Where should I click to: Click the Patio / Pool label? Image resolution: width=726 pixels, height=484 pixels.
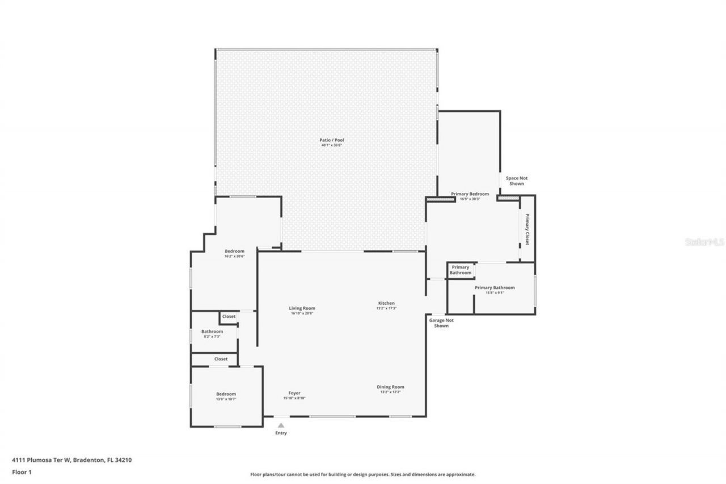[x=332, y=140]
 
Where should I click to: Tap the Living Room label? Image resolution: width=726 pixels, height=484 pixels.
[x=302, y=309]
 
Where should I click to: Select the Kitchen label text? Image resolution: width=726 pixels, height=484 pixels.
[x=386, y=304]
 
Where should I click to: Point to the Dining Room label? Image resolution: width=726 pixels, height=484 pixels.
[x=390, y=388]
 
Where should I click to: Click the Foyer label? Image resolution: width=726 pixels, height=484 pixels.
[x=294, y=393]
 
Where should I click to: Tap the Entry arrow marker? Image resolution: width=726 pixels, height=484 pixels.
[x=281, y=424]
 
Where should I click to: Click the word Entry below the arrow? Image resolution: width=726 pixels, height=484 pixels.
[x=281, y=433]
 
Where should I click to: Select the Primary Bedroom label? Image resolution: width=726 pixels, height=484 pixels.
[x=470, y=194]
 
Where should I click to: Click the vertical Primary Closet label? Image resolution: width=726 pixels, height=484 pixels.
[x=527, y=229]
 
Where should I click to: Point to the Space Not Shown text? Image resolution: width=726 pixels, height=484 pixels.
[x=516, y=181]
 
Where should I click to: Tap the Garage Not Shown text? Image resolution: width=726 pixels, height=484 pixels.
[x=441, y=323]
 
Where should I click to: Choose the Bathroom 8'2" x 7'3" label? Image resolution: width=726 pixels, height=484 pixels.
[x=212, y=332]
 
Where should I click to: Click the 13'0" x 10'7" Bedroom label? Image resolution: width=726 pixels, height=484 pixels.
[x=226, y=394]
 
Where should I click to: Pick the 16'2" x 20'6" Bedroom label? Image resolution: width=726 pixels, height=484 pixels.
[x=234, y=252]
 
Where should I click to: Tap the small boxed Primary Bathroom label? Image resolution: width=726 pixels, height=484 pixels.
[x=461, y=270]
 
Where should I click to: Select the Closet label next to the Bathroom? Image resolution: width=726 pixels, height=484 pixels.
[x=229, y=317]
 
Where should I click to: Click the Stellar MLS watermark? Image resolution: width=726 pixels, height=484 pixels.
[x=704, y=242]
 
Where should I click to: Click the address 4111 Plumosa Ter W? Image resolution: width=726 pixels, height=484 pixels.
[x=41, y=460]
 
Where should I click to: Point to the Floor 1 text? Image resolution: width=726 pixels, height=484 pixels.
[x=22, y=472]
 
